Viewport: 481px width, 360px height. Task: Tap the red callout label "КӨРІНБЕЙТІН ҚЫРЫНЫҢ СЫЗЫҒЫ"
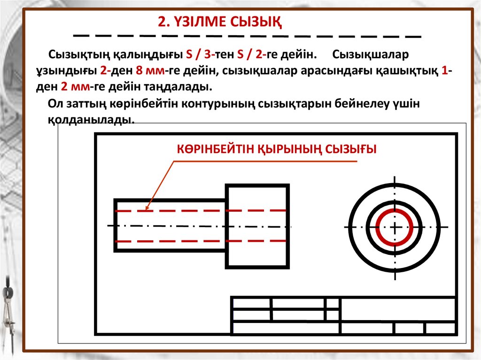277,149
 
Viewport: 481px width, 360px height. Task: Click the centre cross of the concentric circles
394,227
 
